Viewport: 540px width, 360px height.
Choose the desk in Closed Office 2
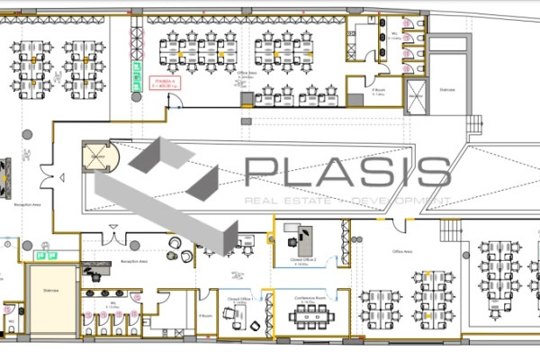pyautogui.click(x=297, y=236)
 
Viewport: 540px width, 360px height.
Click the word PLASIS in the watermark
pyautogui.click(x=346, y=171)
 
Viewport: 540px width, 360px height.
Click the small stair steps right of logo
pyautogui.click(x=450, y=229)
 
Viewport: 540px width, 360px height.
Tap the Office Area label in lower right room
pyautogui.click(x=401, y=253)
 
